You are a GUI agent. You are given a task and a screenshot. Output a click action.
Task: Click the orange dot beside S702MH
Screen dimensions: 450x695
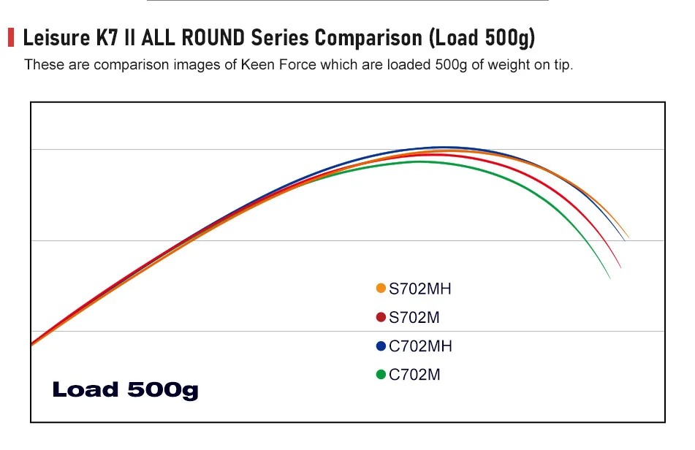pyautogui.click(x=381, y=289)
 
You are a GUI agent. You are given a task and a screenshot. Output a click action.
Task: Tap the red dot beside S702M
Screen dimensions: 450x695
pyautogui.click(x=381, y=317)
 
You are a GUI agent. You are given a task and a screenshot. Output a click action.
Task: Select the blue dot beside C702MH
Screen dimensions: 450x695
pyautogui.click(x=381, y=346)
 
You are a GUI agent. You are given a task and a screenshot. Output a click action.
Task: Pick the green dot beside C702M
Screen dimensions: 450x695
pyautogui.click(x=381, y=374)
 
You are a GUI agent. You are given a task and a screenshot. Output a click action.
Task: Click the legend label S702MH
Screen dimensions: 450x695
pyautogui.click(x=420, y=289)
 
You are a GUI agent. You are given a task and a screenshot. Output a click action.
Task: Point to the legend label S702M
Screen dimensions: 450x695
pyautogui.click(x=414, y=317)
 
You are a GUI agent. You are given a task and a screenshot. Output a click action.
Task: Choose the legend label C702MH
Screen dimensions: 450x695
pyautogui.click(x=420, y=346)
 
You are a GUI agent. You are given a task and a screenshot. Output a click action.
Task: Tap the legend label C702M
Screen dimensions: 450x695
pyautogui.click(x=414, y=374)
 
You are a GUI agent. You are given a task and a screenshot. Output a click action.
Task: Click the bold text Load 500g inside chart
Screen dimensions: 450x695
pyautogui.click(x=125, y=389)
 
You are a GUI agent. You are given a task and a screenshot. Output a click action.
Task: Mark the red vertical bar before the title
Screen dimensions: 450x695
pyautogui.click(x=11, y=37)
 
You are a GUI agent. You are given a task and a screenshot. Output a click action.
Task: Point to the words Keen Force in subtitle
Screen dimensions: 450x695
pyautogui.click(x=276, y=64)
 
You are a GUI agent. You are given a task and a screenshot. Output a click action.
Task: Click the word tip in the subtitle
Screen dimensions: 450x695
pyautogui.click(x=563, y=64)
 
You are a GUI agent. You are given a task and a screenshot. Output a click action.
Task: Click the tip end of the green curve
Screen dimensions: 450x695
pyautogui.click(x=609, y=278)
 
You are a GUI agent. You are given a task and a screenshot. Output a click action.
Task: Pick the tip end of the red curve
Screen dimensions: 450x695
pyautogui.click(x=620, y=267)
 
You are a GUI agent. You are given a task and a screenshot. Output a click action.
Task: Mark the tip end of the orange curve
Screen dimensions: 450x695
pyautogui.click(x=628, y=237)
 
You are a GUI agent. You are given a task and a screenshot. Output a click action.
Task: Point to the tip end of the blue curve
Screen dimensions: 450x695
pyautogui.click(x=623, y=239)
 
